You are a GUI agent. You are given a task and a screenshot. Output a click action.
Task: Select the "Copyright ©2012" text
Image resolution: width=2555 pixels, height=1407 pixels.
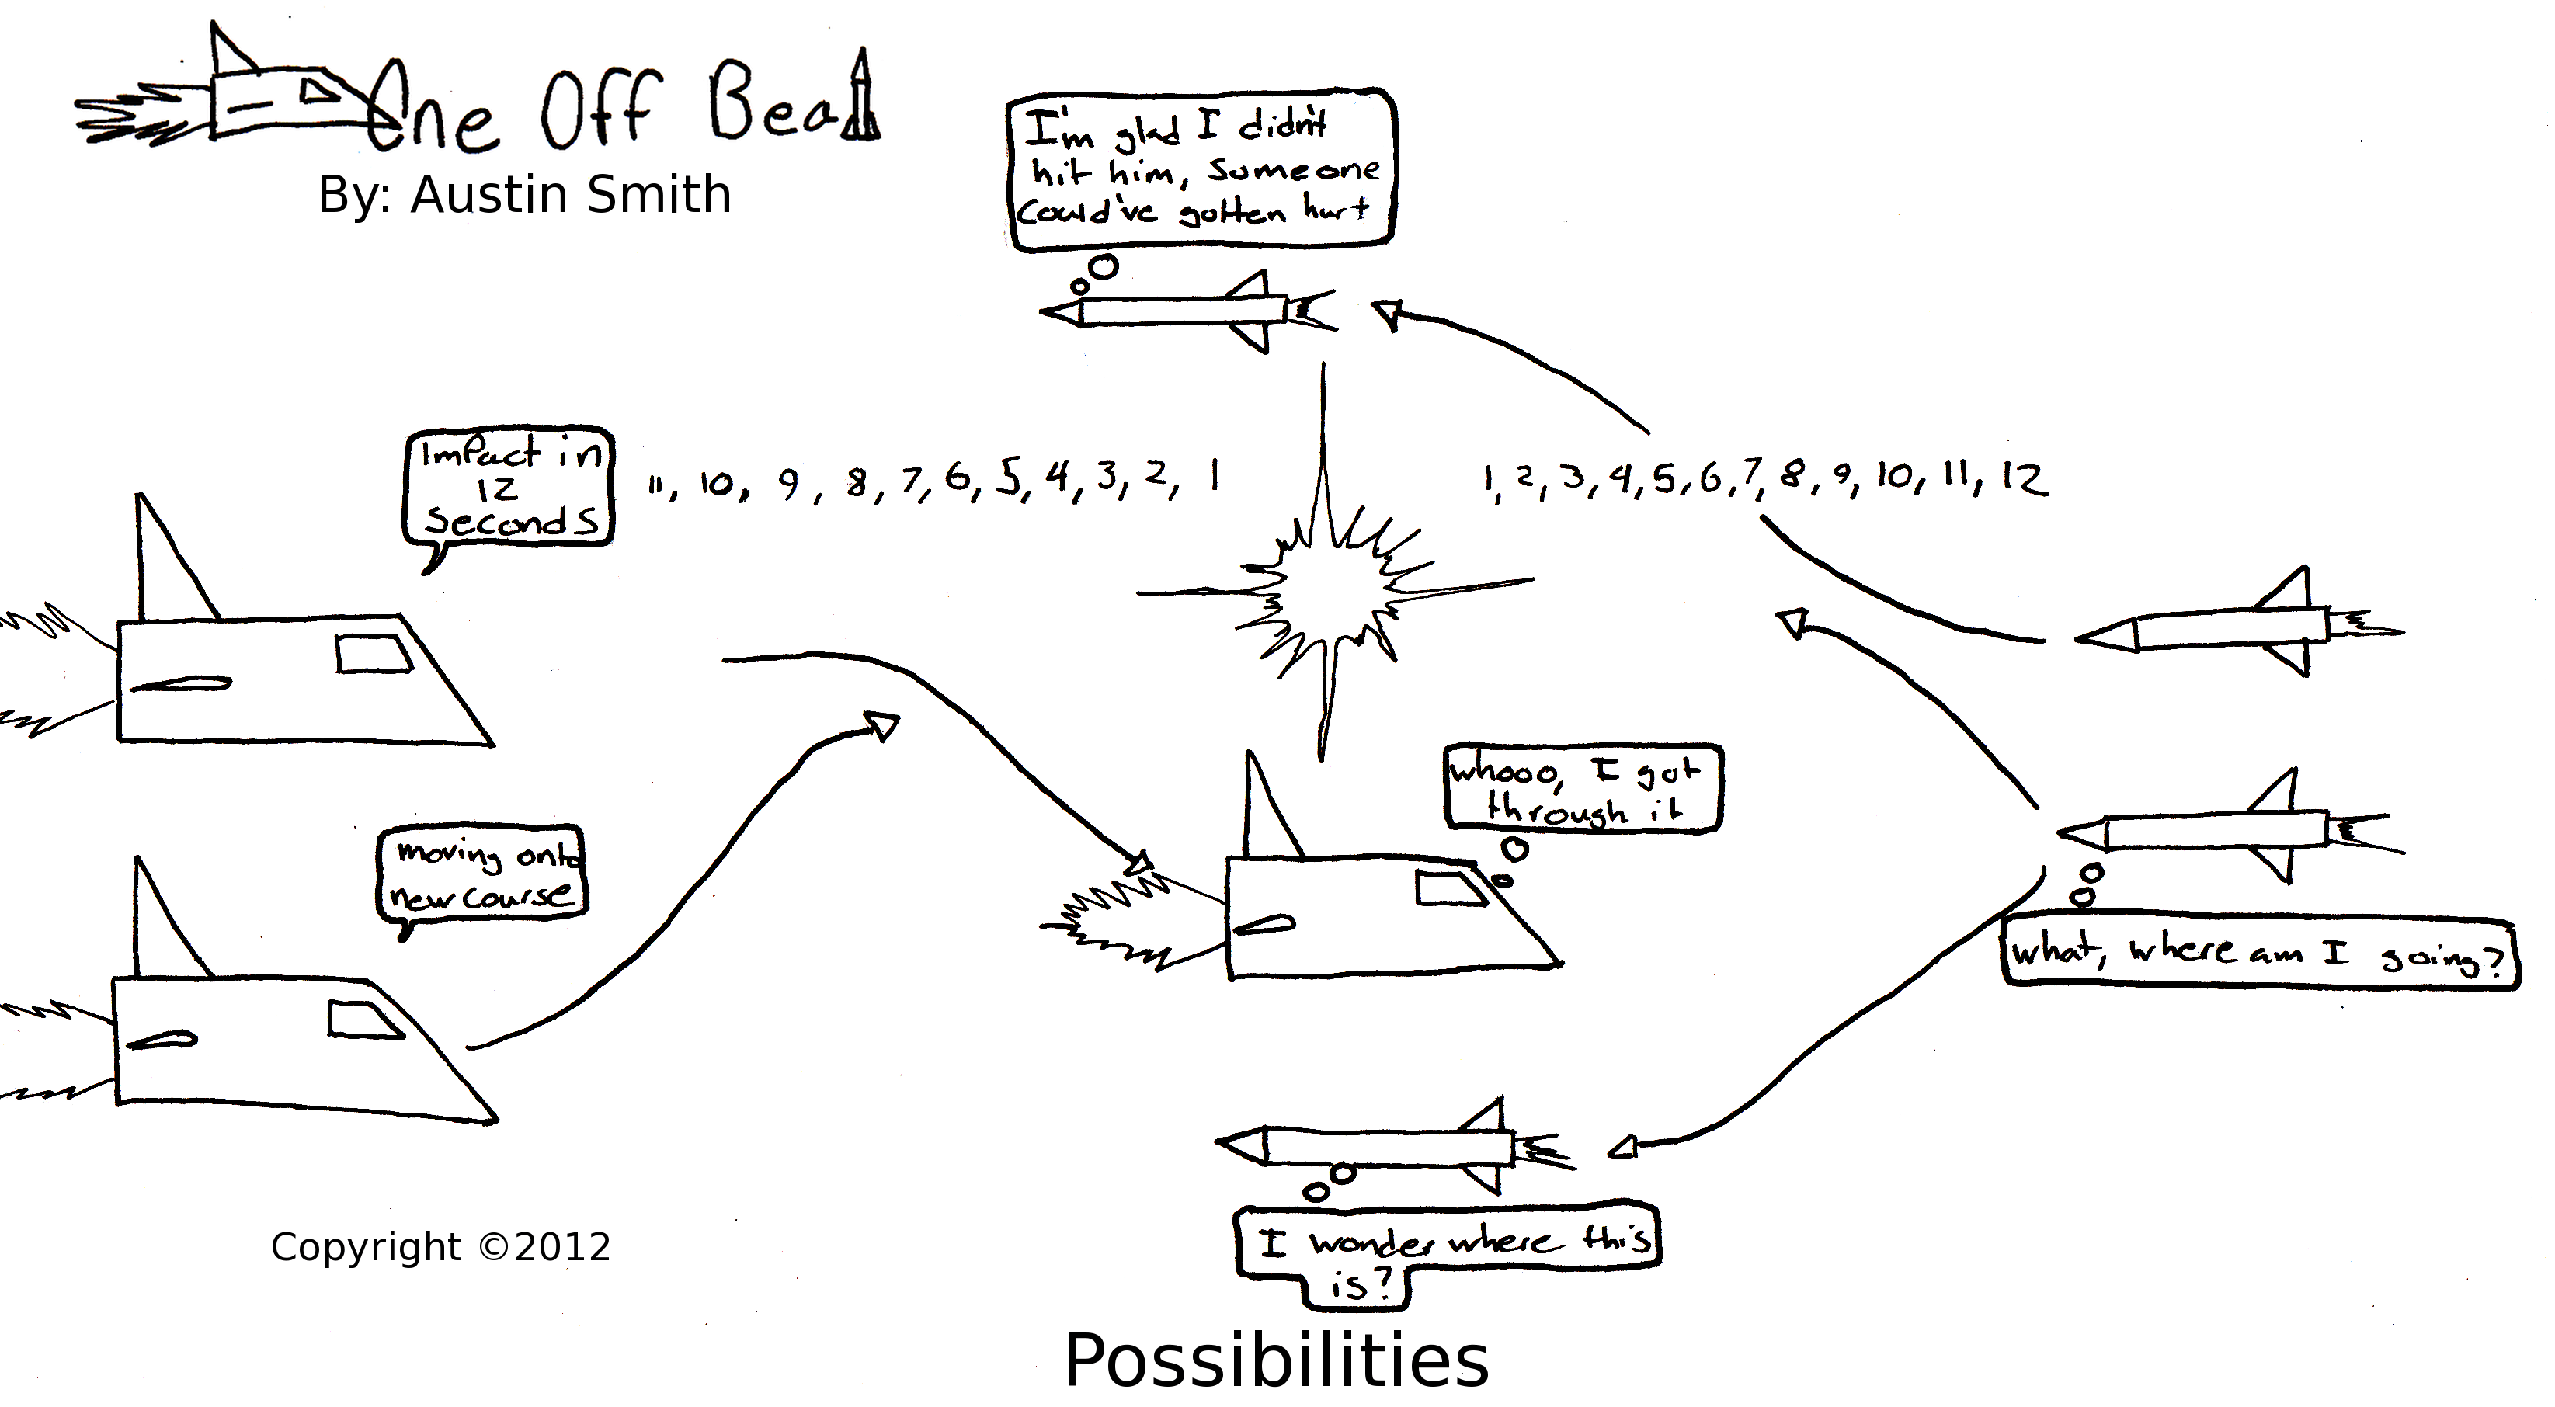[x=440, y=1247]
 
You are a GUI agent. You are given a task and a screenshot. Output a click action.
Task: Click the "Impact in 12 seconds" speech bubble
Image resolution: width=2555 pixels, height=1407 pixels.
[x=509, y=489]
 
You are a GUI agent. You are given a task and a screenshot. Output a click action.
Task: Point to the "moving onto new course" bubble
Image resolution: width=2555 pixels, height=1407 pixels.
[x=483, y=874]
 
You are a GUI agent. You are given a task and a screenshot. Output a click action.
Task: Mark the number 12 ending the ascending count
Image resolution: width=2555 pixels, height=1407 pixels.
[x=2023, y=480]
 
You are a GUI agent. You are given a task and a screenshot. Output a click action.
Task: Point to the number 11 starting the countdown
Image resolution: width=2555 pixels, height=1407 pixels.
[x=655, y=486]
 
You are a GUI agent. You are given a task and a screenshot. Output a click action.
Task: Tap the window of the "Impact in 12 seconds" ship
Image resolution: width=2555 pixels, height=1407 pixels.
[x=373, y=654]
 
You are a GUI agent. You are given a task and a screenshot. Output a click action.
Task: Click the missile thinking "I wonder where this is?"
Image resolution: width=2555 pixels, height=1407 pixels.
[x=1389, y=1147]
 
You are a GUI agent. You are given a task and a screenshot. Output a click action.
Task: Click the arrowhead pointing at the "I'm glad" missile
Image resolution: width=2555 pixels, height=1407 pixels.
[x=1386, y=316]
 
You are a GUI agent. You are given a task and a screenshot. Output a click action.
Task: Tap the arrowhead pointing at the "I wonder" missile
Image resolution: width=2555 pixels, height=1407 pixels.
[x=1622, y=1148]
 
